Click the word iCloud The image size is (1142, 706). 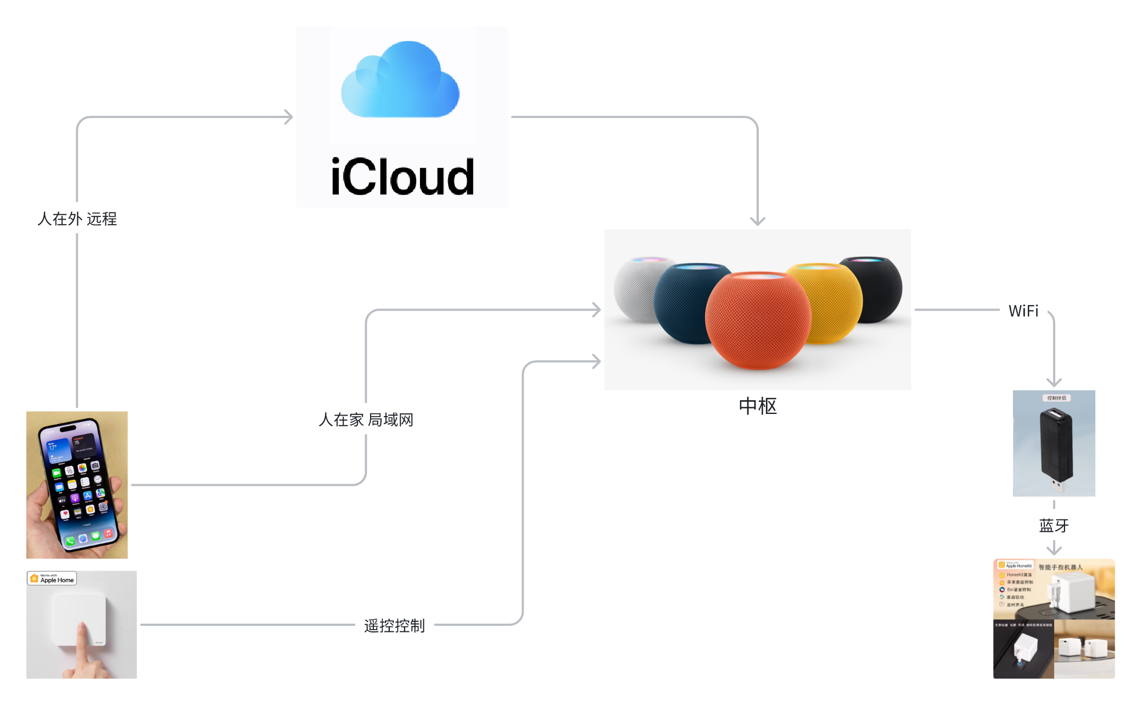(402, 177)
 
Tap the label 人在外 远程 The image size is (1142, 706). (77, 218)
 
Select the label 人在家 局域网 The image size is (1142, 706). (366, 419)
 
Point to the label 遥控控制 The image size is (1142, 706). (394, 625)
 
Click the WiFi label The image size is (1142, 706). (1023, 311)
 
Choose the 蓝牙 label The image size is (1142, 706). (1054, 525)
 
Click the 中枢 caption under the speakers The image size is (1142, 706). (758, 406)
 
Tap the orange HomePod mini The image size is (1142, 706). (757, 321)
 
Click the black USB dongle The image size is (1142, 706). (1055, 445)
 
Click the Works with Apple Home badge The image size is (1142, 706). (52, 578)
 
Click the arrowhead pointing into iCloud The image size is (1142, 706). (288, 117)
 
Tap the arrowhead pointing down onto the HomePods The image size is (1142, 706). (758, 221)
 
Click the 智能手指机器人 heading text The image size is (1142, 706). (1060, 567)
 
